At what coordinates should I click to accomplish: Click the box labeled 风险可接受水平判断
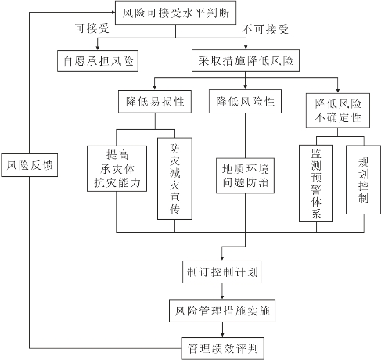(x=176, y=13)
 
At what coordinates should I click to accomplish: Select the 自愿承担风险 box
(x=98, y=61)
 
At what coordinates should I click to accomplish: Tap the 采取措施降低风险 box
(x=246, y=61)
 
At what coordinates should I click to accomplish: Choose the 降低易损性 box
(x=155, y=102)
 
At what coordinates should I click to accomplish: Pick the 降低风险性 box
(x=245, y=101)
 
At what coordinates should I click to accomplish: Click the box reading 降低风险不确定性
(x=338, y=110)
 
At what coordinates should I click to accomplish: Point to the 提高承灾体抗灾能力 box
(x=117, y=168)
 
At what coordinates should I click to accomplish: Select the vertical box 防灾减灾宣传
(x=174, y=178)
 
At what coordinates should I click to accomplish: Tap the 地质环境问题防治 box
(x=245, y=175)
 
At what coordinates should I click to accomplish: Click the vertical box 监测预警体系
(x=316, y=183)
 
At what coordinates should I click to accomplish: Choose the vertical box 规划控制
(x=363, y=180)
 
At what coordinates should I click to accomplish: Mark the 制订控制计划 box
(x=222, y=272)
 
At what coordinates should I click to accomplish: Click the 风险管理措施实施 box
(x=222, y=311)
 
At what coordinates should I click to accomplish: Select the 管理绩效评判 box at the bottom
(x=223, y=348)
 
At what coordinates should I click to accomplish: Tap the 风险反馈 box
(x=29, y=165)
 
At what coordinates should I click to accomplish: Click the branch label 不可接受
(x=265, y=29)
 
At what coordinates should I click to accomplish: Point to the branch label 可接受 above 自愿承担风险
(x=92, y=28)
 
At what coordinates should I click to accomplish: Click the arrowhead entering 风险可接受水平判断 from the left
(x=113, y=12)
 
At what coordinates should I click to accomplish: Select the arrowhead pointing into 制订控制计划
(x=222, y=258)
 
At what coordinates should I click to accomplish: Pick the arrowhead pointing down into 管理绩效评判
(x=222, y=335)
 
